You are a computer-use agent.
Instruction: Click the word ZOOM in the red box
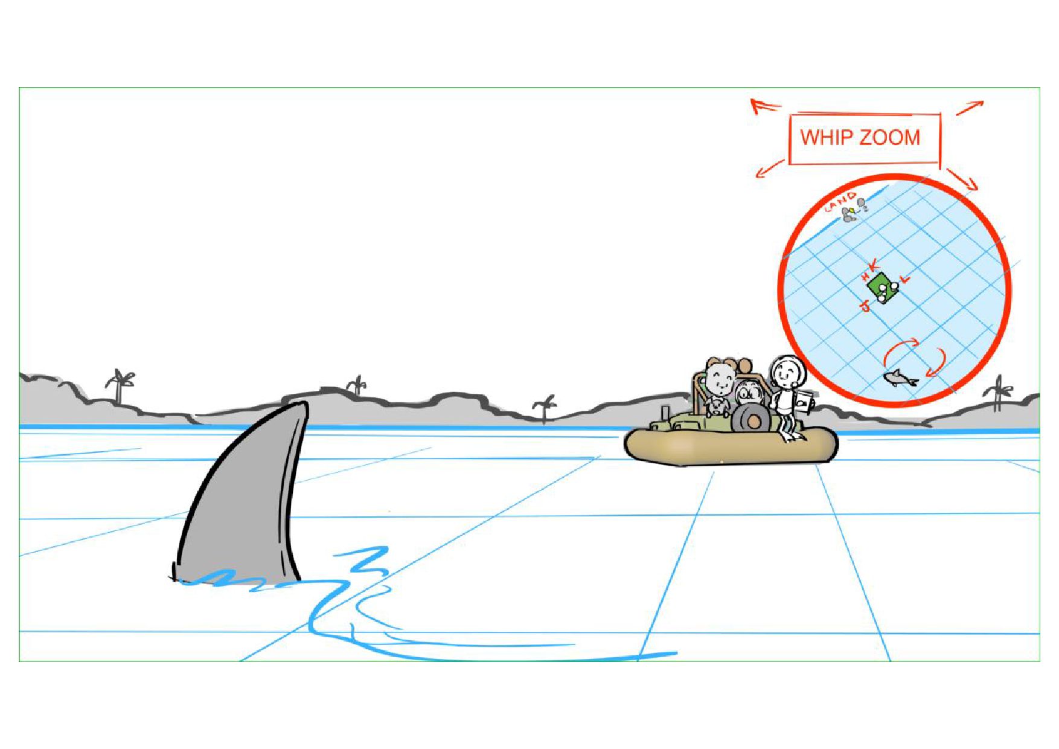click(x=890, y=137)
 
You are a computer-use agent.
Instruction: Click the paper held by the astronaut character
click(x=805, y=402)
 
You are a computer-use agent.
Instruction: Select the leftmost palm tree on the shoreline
click(x=120, y=385)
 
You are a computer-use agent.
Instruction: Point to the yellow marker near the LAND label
click(x=851, y=211)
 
